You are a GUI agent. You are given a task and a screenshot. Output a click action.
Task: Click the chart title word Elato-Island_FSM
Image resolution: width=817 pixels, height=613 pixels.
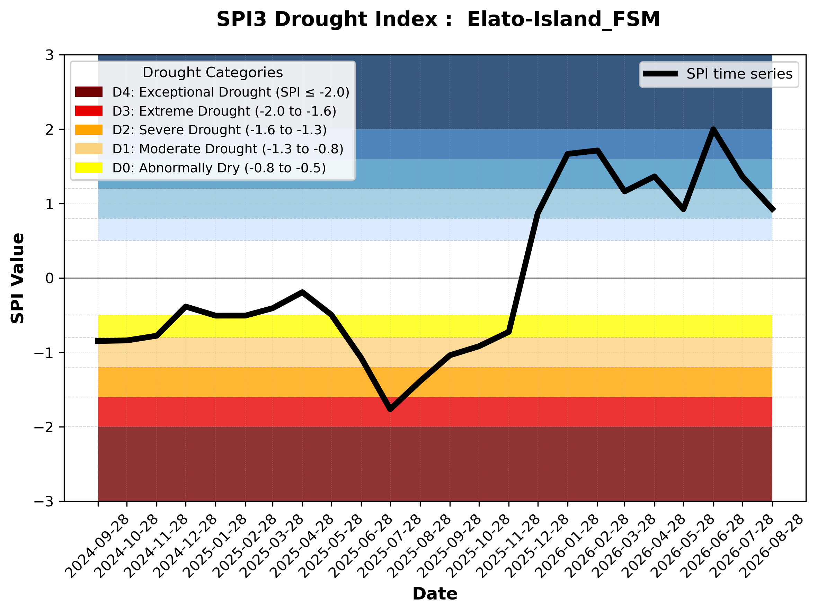[563, 20]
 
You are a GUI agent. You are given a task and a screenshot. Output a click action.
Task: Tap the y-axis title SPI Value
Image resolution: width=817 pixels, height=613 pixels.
[17, 278]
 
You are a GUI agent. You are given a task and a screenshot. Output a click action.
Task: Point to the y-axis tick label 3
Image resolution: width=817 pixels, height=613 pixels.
[50, 55]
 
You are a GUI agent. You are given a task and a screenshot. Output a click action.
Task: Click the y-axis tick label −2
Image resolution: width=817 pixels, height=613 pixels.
[44, 427]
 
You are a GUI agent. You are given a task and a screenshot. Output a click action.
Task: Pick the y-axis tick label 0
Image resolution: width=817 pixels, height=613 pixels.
[50, 278]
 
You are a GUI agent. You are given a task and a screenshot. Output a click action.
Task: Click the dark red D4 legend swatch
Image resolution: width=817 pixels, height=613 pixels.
[89, 92]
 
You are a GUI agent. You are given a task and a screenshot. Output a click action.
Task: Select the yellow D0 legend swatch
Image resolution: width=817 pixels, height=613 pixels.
[89, 168]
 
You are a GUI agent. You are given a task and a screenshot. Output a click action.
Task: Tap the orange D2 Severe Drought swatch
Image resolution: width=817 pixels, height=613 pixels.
[89, 130]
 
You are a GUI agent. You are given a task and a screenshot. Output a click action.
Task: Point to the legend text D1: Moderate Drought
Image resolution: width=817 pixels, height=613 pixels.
[185, 149]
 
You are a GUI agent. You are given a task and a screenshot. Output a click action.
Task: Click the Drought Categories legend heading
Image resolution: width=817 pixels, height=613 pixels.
[213, 73]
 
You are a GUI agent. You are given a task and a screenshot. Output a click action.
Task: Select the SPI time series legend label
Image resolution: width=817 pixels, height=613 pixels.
[739, 74]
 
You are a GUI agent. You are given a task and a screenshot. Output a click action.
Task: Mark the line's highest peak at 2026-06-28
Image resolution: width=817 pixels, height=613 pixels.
[713, 129]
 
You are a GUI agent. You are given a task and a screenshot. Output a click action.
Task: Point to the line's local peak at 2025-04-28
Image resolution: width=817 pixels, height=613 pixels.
[302, 292]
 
